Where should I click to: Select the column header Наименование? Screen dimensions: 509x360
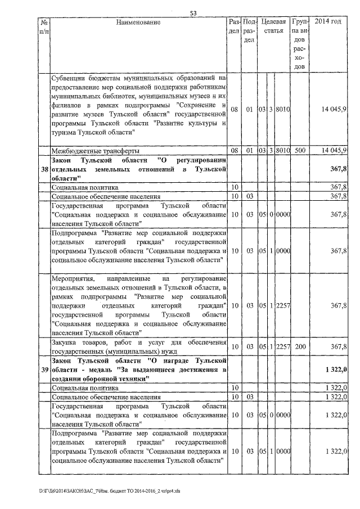(x=138, y=22)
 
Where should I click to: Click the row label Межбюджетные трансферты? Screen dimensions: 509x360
(x=92, y=151)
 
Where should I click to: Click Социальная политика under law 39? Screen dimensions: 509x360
(x=85, y=388)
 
